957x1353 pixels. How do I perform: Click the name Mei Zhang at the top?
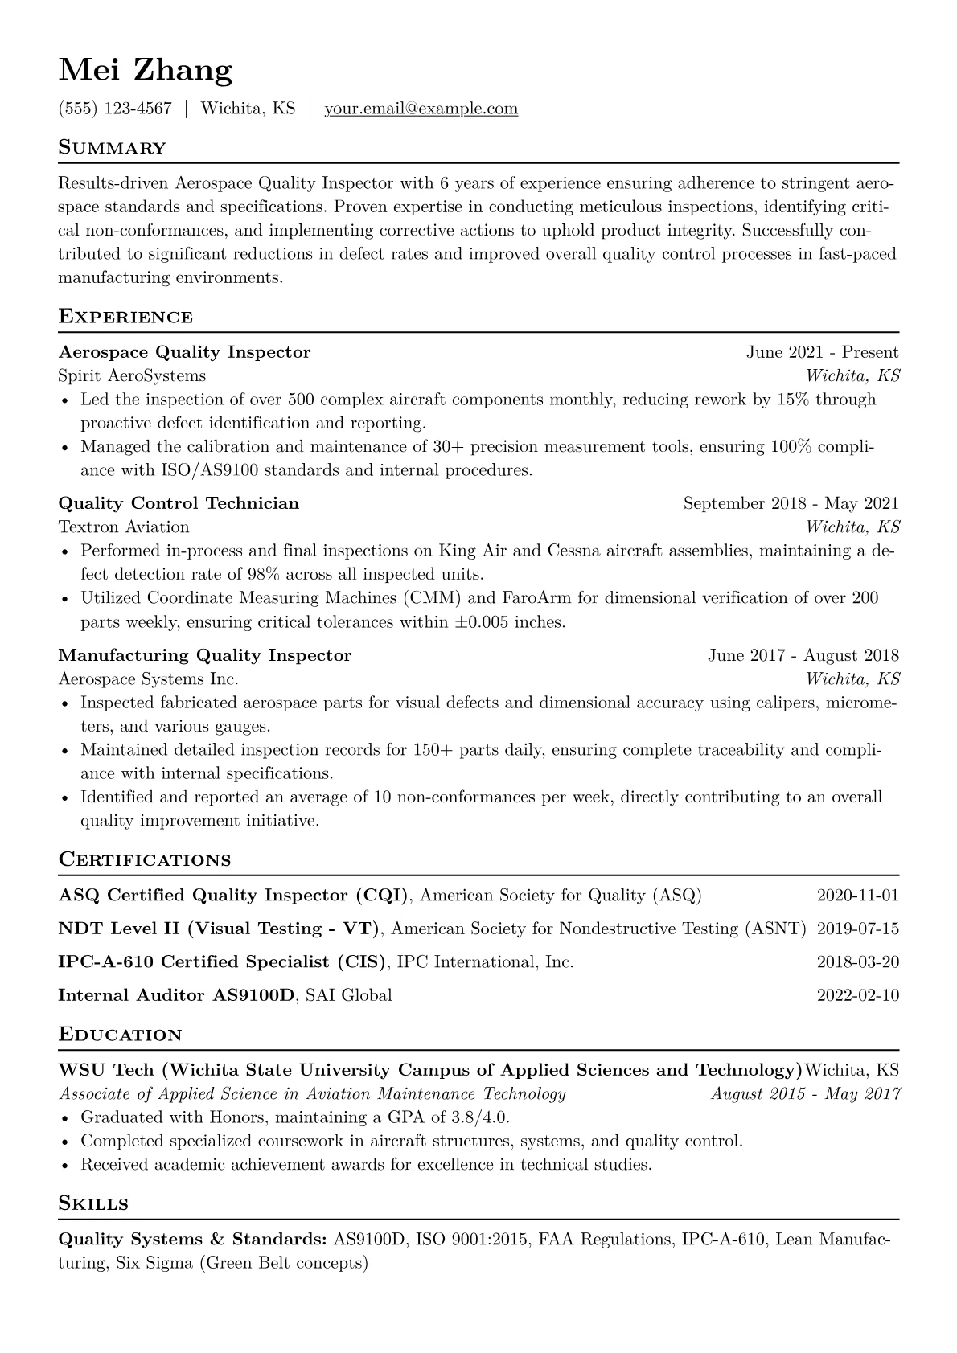(146, 71)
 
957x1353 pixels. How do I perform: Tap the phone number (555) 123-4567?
(115, 109)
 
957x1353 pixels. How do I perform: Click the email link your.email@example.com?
(421, 109)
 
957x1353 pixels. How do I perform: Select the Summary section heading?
(112, 148)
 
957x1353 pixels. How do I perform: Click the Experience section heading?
(125, 317)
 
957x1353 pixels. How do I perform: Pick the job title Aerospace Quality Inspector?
(184, 352)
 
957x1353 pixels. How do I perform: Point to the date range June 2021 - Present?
(822, 352)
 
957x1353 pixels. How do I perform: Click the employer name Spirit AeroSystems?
(132, 375)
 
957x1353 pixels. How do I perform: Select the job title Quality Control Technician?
(179, 503)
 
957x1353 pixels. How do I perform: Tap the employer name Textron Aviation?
(124, 527)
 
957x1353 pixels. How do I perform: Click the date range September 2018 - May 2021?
(791, 503)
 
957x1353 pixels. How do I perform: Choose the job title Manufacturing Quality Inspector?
(205, 655)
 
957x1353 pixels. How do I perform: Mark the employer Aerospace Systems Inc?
(148, 679)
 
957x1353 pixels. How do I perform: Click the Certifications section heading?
(145, 860)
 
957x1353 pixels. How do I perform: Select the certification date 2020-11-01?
(857, 896)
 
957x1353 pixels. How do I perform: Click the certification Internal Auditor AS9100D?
(177, 995)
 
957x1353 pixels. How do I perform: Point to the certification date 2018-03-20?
(857, 962)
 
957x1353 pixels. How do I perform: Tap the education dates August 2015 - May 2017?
(805, 1093)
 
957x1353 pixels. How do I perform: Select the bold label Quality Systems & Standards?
(192, 1240)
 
